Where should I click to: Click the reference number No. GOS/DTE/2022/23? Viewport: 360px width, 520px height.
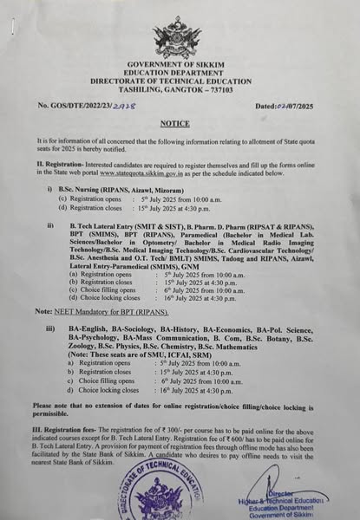point(88,106)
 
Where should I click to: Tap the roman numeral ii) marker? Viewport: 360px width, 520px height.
point(51,224)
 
